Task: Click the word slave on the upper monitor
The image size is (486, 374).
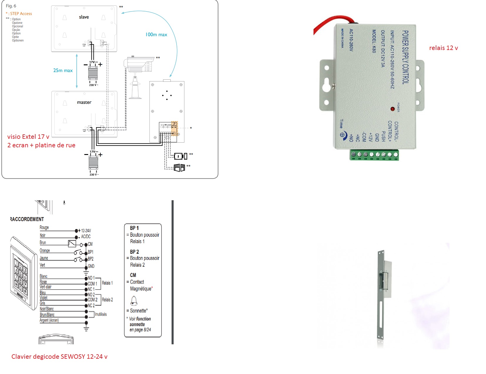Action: click(x=84, y=17)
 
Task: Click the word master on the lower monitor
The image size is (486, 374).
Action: click(x=84, y=102)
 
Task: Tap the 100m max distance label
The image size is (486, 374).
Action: click(x=156, y=35)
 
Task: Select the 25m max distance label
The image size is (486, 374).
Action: click(x=63, y=71)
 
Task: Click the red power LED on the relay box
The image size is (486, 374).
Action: click(x=393, y=109)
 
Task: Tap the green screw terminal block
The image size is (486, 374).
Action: click(x=374, y=155)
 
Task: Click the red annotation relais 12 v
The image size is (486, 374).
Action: click(x=443, y=48)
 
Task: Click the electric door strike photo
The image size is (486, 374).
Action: click(x=383, y=297)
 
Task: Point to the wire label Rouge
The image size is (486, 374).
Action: click(x=44, y=228)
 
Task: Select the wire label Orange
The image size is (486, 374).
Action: click(x=45, y=251)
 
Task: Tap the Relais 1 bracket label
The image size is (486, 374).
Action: click(x=107, y=283)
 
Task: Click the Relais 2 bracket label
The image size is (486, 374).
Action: click(x=107, y=300)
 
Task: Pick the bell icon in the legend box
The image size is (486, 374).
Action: click(x=134, y=301)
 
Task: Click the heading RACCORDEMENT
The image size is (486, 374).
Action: click(x=27, y=219)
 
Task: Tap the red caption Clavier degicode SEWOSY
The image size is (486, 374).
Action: click(x=59, y=357)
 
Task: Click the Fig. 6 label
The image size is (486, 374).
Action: click(x=11, y=6)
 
